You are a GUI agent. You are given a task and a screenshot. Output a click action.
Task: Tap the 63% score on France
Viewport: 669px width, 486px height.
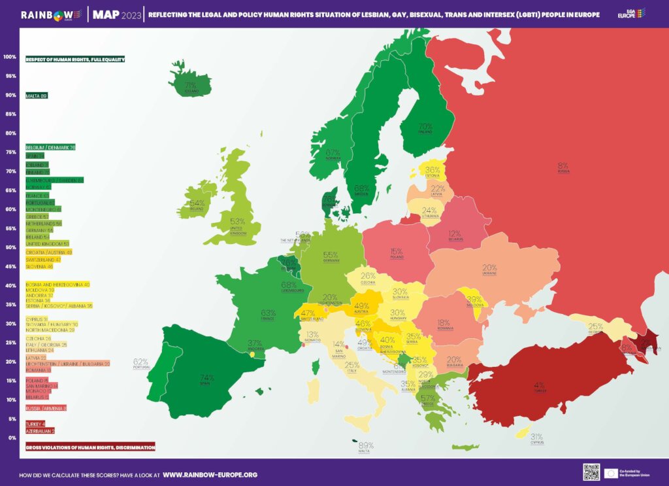268,314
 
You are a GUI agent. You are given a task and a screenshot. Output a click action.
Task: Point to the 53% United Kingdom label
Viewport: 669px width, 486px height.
237,223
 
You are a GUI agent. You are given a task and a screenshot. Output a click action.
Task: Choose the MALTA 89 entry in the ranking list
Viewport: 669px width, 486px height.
37,95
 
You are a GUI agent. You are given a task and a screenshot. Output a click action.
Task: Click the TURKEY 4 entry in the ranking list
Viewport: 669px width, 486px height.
35,424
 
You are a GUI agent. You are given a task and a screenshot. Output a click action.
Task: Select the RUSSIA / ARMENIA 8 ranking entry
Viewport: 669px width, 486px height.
46,408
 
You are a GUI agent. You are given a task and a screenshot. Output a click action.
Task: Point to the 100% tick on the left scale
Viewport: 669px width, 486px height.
9,57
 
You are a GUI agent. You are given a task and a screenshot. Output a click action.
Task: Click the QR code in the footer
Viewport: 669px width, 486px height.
591,472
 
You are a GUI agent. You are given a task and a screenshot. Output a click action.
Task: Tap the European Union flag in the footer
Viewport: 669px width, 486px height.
612,472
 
